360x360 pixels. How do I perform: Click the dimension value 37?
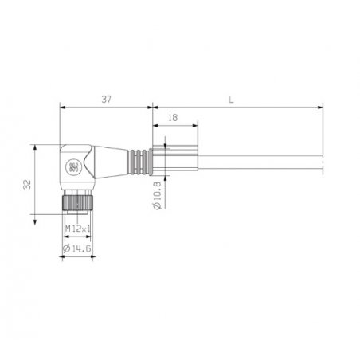coord(106,100)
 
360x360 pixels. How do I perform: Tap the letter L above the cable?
coord(231,100)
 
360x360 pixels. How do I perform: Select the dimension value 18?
coord(173,118)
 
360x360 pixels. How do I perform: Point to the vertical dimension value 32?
coord(27,185)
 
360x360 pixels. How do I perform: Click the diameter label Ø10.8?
coord(158,196)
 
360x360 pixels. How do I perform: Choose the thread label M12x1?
coord(77,228)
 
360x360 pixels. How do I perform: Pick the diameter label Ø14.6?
coord(76,248)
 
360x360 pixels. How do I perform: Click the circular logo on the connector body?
coord(72,166)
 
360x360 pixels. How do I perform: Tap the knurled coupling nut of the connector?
coord(77,202)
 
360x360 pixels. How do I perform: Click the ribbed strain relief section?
coord(138,162)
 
